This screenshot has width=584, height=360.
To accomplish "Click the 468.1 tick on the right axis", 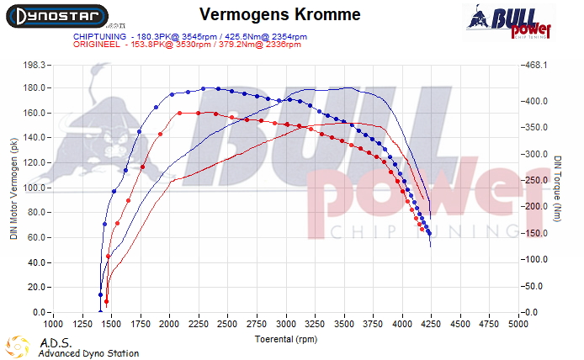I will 536,64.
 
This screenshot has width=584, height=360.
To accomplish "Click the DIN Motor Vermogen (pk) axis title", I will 13,188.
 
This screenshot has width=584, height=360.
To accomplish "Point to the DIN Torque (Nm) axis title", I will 557,188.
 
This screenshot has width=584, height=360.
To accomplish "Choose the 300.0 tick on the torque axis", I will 537,155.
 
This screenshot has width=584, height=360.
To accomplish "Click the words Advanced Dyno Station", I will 88,354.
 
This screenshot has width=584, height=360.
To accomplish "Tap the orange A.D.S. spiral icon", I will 18,346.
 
